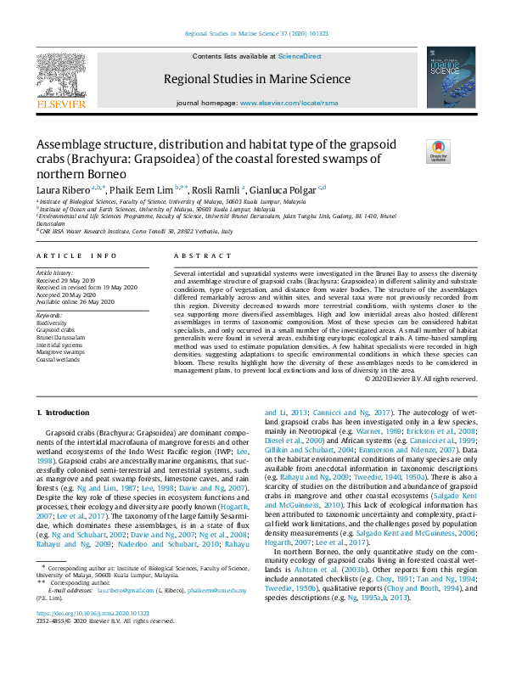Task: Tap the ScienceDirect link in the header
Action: (x=300, y=56)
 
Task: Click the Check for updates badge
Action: (x=439, y=151)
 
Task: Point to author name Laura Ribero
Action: (x=63, y=188)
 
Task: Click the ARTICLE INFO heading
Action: (x=76, y=255)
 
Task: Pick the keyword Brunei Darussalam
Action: (x=61, y=337)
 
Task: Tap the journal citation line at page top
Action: (x=252, y=35)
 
